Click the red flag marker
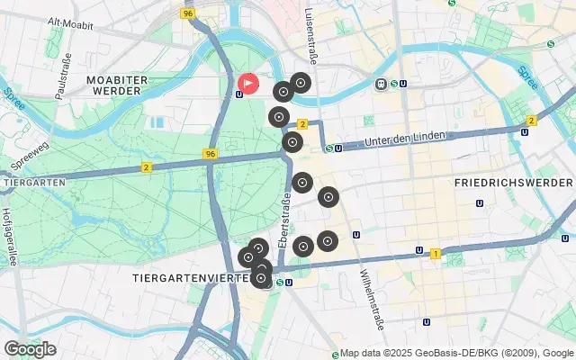(248, 85)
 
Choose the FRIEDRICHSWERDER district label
(509, 183)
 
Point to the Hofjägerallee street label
(9, 225)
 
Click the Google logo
(29, 349)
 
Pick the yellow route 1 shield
(436, 254)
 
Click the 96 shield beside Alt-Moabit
(187, 13)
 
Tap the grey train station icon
(382, 84)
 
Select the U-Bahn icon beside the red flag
(238, 94)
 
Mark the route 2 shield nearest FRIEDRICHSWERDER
(532, 121)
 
